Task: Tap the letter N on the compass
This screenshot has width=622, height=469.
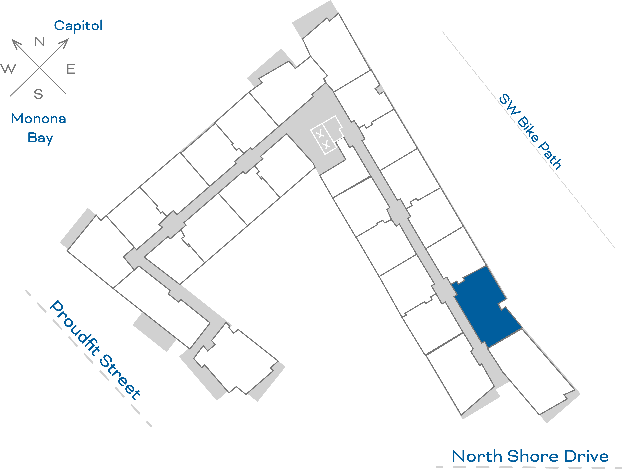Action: (x=39, y=42)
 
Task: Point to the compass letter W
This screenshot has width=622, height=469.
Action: (x=8, y=69)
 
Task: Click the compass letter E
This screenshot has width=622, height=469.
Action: (x=71, y=69)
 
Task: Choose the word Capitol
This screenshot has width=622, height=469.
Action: (x=78, y=26)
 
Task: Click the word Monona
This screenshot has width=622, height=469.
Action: (x=38, y=119)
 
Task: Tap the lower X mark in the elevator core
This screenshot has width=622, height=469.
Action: (x=326, y=145)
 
